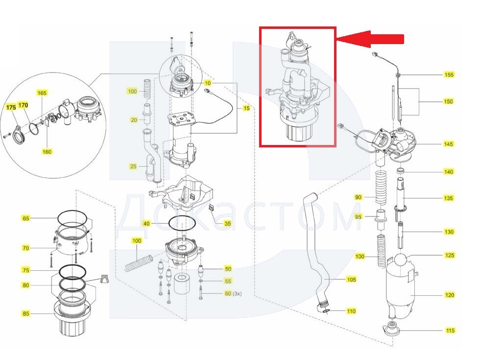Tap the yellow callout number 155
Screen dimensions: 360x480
[x=449, y=75]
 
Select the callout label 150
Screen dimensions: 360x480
[x=448, y=102]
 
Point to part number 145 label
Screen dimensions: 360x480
[x=448, y=144]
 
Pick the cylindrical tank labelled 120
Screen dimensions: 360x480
[x=399, y=291]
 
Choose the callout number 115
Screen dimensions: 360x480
[x=450, y=331]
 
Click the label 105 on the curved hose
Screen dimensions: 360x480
[x=351, y=280]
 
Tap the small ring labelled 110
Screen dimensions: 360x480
[x=325, y=310]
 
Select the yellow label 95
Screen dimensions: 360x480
[x=359, y=216]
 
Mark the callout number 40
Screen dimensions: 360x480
[x=146, y=224]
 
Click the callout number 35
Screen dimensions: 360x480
[x=227, y=224]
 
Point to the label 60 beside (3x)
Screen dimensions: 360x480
[x=228, y=294]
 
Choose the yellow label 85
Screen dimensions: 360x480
[x=25, y=313]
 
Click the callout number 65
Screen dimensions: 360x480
[x=25, y=218]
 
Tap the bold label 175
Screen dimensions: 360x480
[x=11, y=106]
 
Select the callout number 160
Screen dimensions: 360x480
[x=47, y=152]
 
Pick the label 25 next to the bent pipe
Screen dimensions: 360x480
[x=133, y=167]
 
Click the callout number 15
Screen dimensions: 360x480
[x=246, y=108]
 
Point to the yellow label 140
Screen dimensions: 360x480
[x=448, y=172]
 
